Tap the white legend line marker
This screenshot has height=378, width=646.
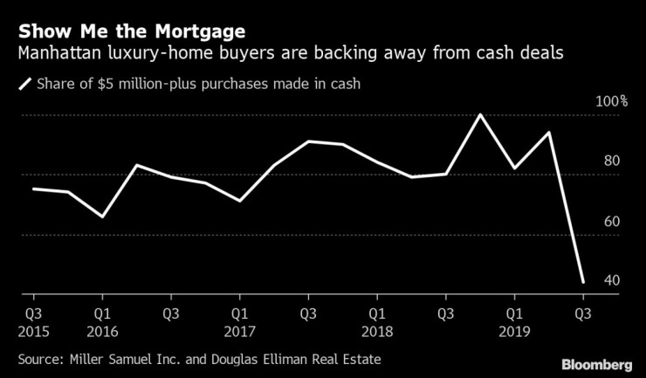pyautogui.click(x=23, y=85)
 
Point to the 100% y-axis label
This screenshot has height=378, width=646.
pyautogui.click(x=610, y=101)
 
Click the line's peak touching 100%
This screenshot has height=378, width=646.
pyautogui.click(x=480, y=114)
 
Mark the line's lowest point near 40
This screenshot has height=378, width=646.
pyautogui.click(x=582, y=282)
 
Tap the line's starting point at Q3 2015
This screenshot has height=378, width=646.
pyautogui.click(x=33, y=189)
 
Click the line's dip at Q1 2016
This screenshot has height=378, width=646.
pyautogui.click(x=102, y=216)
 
